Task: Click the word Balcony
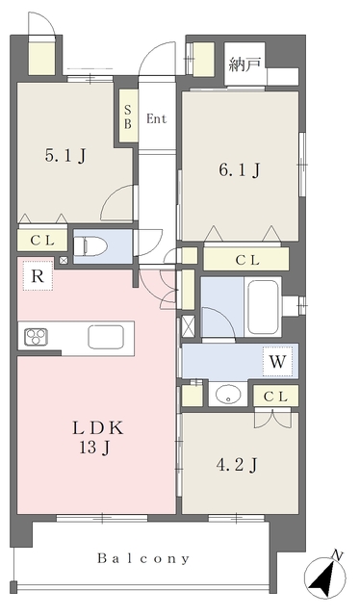pyautogui.click(x=143, y=558)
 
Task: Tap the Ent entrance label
pyautogui.click(x=157, y=119)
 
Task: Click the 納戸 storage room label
pyautogui.click(x=244, y=65)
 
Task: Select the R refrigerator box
pyautogui.click(x=37, y=277)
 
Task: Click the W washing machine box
pyautogui.click(x=277, y=363)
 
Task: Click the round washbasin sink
pyautogui.click(x=228, y=395)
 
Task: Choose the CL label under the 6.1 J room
pyautogui.click(x=245, y=259)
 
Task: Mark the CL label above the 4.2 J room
pyautogui.click(x=275, y=396)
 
